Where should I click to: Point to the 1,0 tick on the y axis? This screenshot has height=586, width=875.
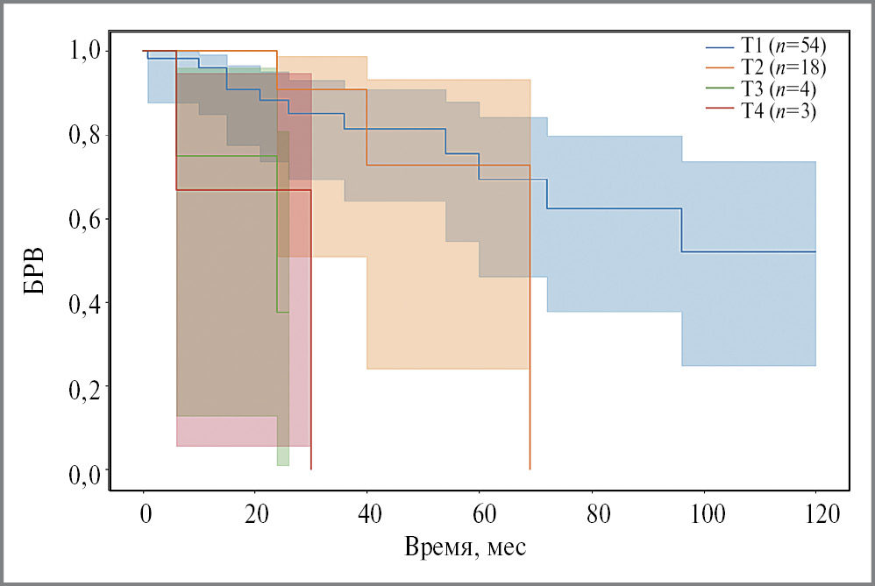(85, 51)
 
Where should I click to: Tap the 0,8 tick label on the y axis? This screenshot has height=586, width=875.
(85, 135)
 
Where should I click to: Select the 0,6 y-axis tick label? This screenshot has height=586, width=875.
(85, 219)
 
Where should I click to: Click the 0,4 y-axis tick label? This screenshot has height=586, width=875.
(85, 303)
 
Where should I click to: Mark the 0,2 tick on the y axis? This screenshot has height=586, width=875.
(85, 386)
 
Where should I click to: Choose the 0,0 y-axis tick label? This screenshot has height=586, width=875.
(85, 470)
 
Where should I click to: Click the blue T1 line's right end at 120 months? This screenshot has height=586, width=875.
(815, 251)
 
